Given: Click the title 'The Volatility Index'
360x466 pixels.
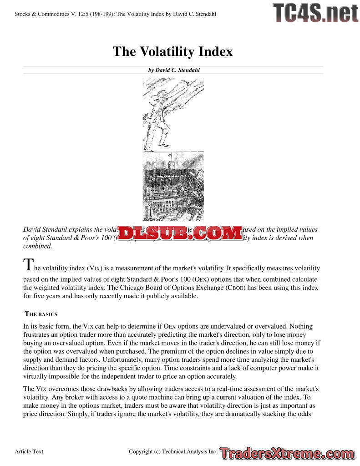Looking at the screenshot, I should point(172,51).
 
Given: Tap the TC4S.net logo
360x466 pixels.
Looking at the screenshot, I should point(315,13).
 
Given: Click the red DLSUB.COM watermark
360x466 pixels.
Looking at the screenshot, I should point(180,233).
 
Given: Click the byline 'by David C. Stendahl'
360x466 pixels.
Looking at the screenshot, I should point(174,70).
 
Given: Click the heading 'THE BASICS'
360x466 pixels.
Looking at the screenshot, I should point(41,314).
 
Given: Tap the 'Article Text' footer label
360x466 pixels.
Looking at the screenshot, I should point(29,451).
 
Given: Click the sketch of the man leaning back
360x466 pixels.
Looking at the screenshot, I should point(173,114).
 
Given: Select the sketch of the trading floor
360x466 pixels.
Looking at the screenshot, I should point(173,187).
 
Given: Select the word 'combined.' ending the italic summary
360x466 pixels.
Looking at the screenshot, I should point(38,246).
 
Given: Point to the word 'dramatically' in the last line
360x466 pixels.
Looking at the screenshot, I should point(237,414).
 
